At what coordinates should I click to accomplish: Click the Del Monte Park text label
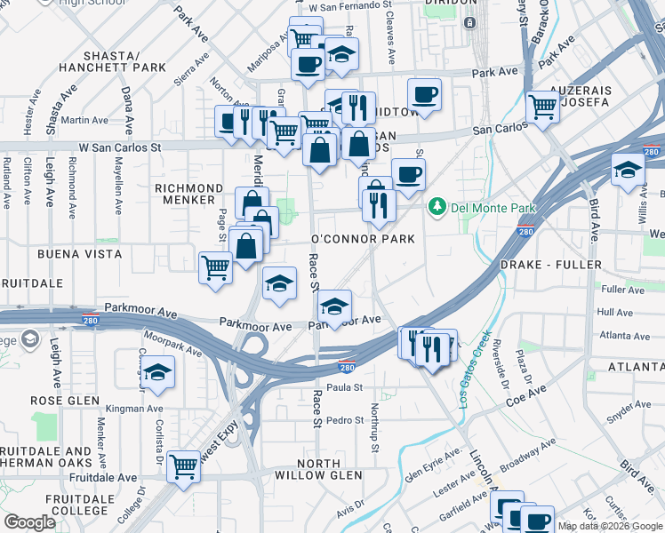pos(494,208)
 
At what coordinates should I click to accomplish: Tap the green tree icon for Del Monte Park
pos(437,208)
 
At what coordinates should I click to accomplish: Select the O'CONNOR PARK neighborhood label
pos(363,240)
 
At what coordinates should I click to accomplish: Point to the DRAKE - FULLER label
pos(551,266)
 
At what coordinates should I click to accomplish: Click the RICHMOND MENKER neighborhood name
pos(188,195)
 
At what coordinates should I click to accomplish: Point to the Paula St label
pos(345,387)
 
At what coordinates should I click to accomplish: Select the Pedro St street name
pos(345,420)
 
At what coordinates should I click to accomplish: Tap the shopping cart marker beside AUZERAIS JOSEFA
pos(542,107)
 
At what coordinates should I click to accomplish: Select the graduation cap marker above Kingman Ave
pos(158,372)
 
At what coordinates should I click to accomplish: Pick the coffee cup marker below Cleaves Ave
pos(424,93)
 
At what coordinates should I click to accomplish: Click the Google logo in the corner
pos(29,522)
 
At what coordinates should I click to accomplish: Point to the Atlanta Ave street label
pos(623,336)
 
